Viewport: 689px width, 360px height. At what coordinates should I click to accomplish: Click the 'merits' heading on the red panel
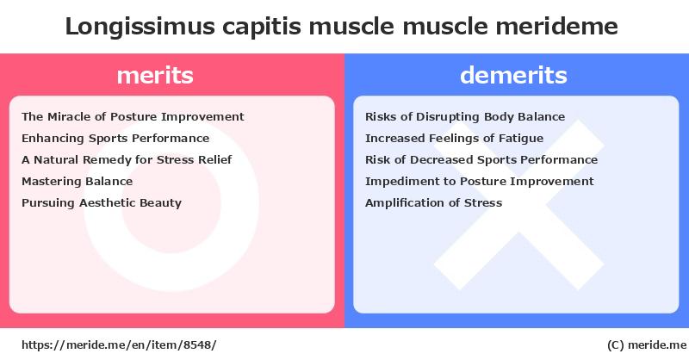[x=155, y=75]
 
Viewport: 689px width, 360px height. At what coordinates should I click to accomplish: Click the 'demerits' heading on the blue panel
[x=513, y=75]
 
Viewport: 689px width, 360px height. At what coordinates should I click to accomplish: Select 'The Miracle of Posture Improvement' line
[x=133, y=116]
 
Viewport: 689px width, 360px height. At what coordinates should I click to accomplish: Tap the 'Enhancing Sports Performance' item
[x=115, y=138]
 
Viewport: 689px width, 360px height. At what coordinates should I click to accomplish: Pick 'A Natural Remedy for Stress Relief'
[x=127, y=159]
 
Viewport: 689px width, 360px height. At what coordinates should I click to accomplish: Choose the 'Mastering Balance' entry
[x=77, y=181]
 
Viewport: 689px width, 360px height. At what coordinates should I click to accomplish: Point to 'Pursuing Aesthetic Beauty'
[x=102, y=202]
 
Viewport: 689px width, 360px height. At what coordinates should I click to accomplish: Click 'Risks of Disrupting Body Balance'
[x=465, y=116]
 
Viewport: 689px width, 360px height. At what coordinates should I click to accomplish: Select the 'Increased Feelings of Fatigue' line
[x=454, y=138]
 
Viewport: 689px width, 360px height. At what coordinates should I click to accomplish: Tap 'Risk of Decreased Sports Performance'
[x=481, y=159]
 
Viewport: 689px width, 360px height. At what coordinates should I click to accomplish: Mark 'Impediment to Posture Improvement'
[x=480, y=181]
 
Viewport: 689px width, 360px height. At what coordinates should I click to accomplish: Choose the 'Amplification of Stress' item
[x=433, y=202]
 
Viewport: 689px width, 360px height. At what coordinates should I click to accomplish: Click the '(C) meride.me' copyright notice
[x=643, y=344]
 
